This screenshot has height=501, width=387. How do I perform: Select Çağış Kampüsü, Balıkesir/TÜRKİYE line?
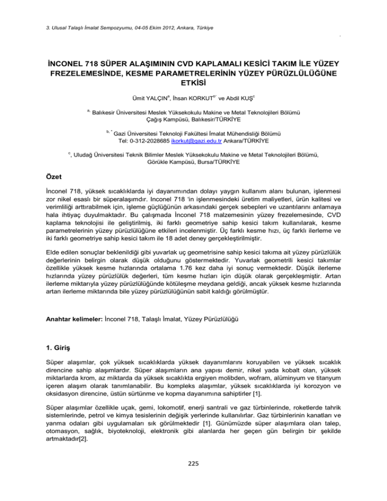pyautogui.click(x=193, y=120)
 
